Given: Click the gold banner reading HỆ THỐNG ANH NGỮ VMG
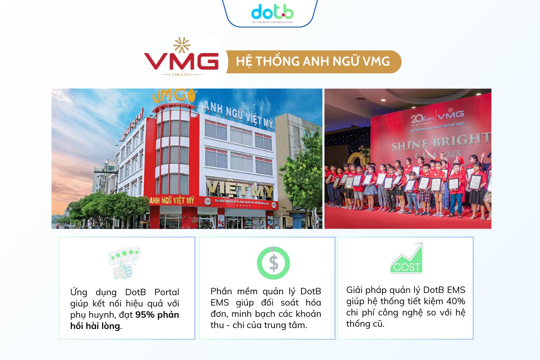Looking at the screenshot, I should pos(314,62).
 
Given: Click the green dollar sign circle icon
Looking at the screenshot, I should pos(273,263).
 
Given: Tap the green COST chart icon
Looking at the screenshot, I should pos(407,259).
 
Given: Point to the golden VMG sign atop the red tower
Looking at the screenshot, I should pos(174,96).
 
